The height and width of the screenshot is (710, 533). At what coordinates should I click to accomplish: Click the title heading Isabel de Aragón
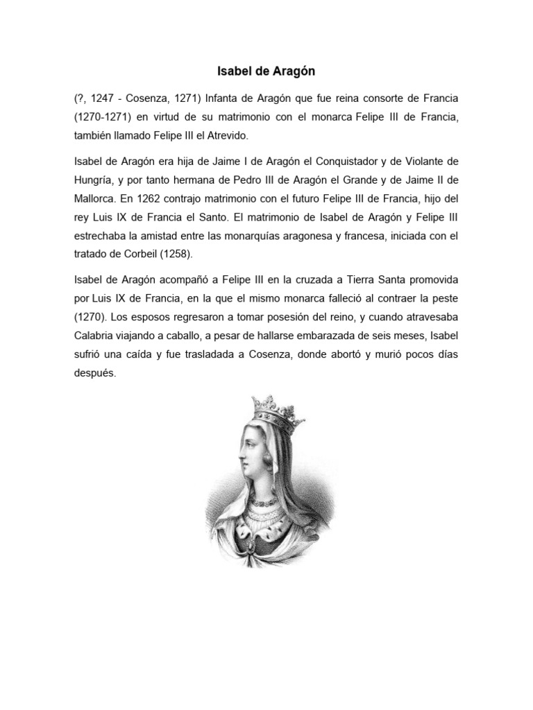tap(266, 71)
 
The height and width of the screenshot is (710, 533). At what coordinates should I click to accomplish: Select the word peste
tap(444, 300)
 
